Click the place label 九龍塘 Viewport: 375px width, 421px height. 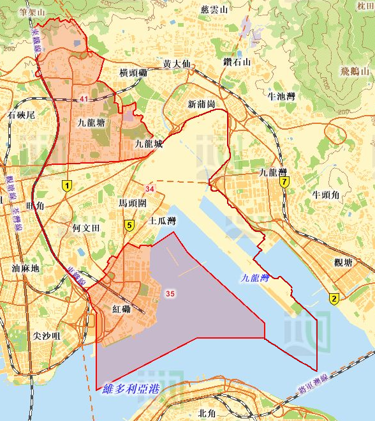click(91, 122)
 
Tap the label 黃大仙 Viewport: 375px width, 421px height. click(177, 65)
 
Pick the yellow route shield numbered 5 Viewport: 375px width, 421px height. click(129, 225)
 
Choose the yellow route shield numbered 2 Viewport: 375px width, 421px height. click(334, 298)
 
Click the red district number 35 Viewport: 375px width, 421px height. click(170, 293)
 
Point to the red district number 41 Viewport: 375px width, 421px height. click(85, 98)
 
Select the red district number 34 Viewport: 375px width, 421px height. click(150, 189)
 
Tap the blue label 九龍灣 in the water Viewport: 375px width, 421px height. click(256, 279)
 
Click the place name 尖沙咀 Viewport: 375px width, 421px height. click(46, 335)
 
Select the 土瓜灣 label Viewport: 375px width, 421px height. click(162, 221)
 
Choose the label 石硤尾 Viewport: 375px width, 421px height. click(21, 115)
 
